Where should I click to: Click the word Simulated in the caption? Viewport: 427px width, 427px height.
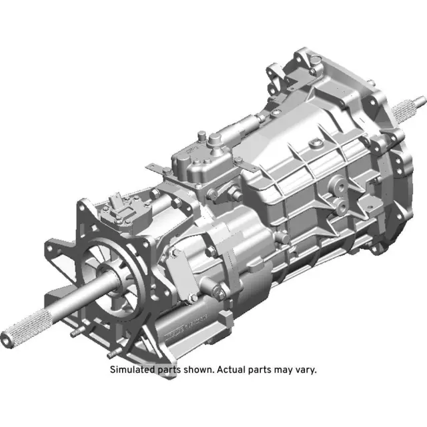[x=133, y=370]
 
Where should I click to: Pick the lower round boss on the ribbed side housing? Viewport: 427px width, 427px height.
[x=340, y=206]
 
